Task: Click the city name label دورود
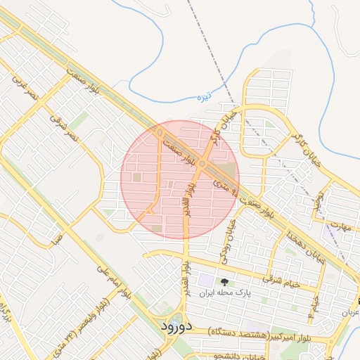point(171,326)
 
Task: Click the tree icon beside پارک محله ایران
point(224,282)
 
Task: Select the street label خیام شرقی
point(281,281)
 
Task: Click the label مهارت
point(340,226)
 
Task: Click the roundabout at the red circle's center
point(202,164)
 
